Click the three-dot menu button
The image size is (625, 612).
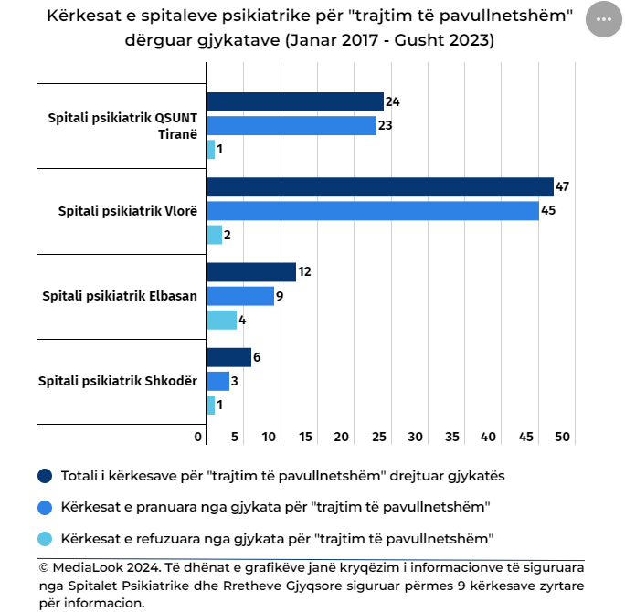[603, 19]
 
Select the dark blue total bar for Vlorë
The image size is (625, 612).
[380, 187]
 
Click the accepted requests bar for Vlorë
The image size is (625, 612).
[373, 211]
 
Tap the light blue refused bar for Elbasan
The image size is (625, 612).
[222, 320]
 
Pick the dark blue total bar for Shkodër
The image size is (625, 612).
[229, 357]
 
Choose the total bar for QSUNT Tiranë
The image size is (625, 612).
[295, 101]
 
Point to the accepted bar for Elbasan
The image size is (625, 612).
[240, 296]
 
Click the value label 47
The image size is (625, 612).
[563, 187]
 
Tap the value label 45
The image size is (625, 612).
[548, 211]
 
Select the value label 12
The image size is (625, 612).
[305, 272]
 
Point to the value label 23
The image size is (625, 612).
[386, 126]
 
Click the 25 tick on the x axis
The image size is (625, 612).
[378, 438]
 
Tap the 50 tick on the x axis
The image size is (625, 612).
[562, 438]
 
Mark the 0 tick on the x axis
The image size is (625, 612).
[198, 438]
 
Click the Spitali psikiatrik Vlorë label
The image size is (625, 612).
[128, 211]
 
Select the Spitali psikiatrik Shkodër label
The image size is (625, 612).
[118, 381]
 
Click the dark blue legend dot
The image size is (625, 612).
[45, 476]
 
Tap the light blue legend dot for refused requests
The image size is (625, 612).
[45, 538]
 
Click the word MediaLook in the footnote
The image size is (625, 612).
[85, 568]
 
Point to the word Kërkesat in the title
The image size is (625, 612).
[84, 17]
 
